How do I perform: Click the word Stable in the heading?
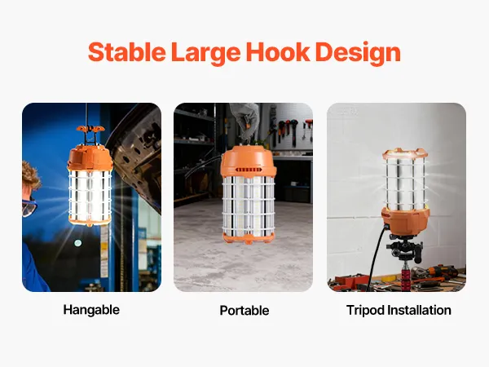[126, 52]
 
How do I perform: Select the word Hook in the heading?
[278, 52]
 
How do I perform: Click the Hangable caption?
[91, 310]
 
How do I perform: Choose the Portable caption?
[244, 311]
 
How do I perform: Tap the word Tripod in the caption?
[365, 311]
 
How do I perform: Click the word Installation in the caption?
[419, 310]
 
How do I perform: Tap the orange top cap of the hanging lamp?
[90, 158]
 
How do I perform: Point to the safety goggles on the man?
[29, 208]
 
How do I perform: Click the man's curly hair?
[31, 176]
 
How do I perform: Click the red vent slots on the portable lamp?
[249, 170]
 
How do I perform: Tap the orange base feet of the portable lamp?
[249, 237]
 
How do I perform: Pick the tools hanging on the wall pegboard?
[292, 129]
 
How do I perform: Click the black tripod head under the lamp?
[405, 247]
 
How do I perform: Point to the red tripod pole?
[406, 277]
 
